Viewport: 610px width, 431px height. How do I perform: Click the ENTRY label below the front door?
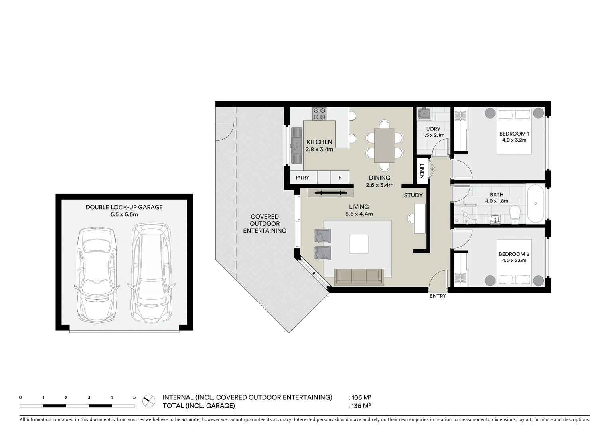(438, 296)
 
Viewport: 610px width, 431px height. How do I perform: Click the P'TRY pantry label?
(302, 178)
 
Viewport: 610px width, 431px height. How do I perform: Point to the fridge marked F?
(340, 178)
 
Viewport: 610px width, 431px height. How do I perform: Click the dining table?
(384, 145)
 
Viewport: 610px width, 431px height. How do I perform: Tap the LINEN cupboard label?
(422, 171)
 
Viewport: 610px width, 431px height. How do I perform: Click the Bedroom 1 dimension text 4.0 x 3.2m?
(514, 140)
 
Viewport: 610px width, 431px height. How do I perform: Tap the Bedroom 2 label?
(514, 254)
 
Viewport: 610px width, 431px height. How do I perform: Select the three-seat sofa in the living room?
(359, 277)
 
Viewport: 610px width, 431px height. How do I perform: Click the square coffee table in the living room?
(359, 244)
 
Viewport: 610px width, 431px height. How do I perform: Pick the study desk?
(419, 218)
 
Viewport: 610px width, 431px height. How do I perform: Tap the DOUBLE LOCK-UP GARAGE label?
(124, 207)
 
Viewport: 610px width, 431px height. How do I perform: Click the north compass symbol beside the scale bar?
(149, 399)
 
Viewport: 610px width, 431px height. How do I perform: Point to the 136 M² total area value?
(361, 406)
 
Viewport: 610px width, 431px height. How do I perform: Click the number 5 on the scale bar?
(134, 397)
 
